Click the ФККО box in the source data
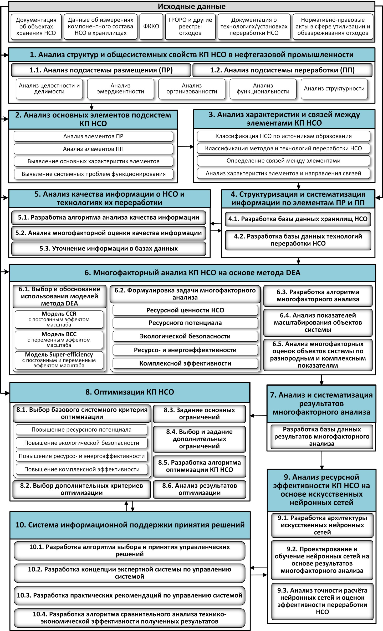[151, 27]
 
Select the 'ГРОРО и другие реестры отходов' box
[190, 27]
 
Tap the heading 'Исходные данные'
[192, 7]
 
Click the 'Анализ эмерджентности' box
[120, 89]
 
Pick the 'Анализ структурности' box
[334, 89]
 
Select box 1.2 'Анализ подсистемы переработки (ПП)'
[282, 70]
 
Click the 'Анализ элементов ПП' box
[93, 149]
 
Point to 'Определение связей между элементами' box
[283, 161]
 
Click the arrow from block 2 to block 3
[186, 147]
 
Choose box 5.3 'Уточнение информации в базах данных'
[109, 249]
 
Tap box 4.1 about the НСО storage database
[298, 219]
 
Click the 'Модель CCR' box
[59, 319]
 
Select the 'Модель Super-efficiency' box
[59, 360]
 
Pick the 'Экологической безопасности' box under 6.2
[185, 336]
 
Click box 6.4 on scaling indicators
[318, 323]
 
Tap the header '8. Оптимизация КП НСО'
[130, 392]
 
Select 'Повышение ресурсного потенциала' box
[81, 430]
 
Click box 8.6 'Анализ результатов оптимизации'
[200, 489]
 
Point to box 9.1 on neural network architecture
[322, 525]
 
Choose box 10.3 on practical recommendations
[129, 596]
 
